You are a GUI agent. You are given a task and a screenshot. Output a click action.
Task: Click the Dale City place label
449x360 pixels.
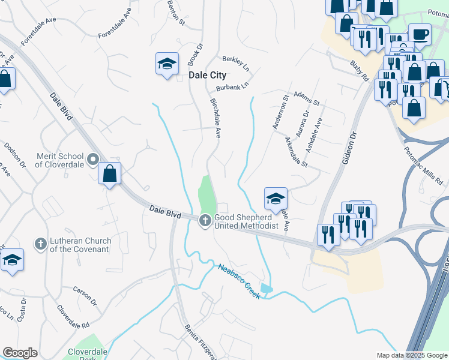(x=208, y=76)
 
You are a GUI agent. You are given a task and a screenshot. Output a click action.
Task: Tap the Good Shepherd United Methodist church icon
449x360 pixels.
(x=205, y=221)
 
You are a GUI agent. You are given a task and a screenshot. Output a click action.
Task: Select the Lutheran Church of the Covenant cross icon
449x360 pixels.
(x=40, y=244)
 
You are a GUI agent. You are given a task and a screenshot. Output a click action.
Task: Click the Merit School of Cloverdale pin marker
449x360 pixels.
(x=92, y=160)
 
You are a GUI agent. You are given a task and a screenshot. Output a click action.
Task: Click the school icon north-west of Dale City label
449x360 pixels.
(x=167, y=64)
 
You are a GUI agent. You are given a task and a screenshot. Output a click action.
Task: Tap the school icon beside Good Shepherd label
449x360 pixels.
(x=276, y=198)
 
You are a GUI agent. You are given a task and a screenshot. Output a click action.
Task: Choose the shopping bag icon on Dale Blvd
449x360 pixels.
(x=110, y=174)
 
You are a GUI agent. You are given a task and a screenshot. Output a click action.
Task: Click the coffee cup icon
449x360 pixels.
(x=420, y=34)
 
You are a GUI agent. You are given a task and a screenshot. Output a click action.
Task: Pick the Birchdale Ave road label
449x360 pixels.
(x=216, y=117)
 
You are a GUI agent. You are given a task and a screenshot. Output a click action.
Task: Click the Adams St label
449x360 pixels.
(x=306, y=98)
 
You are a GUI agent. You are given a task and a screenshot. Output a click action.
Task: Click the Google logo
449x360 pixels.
(x=20, y=353)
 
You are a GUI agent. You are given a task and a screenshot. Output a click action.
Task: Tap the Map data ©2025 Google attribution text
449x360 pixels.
(x=411, y=355)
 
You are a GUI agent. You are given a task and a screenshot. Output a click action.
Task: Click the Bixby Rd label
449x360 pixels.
(x=360, y=70)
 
